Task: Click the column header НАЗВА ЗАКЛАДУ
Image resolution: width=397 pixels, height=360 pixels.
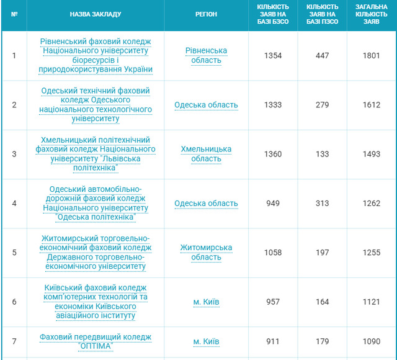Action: pos(95,13)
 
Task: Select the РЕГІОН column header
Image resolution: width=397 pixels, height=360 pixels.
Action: pos(206,13)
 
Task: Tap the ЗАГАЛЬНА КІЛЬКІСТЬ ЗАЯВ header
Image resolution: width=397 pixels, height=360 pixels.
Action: pos(372,13)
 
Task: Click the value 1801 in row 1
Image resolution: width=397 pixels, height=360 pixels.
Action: pos(372,56)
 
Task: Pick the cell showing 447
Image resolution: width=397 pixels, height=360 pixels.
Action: pos(322,56)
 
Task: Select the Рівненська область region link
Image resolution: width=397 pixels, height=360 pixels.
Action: pos(206,55)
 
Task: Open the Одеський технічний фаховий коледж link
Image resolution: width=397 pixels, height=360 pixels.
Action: pos(95,104)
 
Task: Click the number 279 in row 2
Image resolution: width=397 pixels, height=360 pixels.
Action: pos(322,105)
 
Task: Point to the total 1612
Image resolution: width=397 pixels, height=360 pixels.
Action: pos(372,105)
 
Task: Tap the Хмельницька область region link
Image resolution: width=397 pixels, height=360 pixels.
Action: pos(206,154)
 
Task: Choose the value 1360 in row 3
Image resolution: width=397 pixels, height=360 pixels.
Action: pos(273,154)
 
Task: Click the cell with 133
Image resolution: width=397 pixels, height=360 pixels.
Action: pos(322,154)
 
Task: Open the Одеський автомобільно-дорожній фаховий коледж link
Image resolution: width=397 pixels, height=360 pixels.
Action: pos(95,203)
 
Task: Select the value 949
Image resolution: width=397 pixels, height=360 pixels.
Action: pos(273,203)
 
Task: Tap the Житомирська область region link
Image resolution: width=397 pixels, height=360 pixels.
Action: pos(206,252)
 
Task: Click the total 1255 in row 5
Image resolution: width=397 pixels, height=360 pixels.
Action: pos(372,253)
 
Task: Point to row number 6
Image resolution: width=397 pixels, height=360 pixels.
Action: pos(14,302)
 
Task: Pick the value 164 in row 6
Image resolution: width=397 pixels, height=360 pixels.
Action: pos(322,302)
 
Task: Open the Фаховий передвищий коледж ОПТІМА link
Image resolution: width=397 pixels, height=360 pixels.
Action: pos(95,341)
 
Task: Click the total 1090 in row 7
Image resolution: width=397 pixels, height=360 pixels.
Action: pos(372,341)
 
